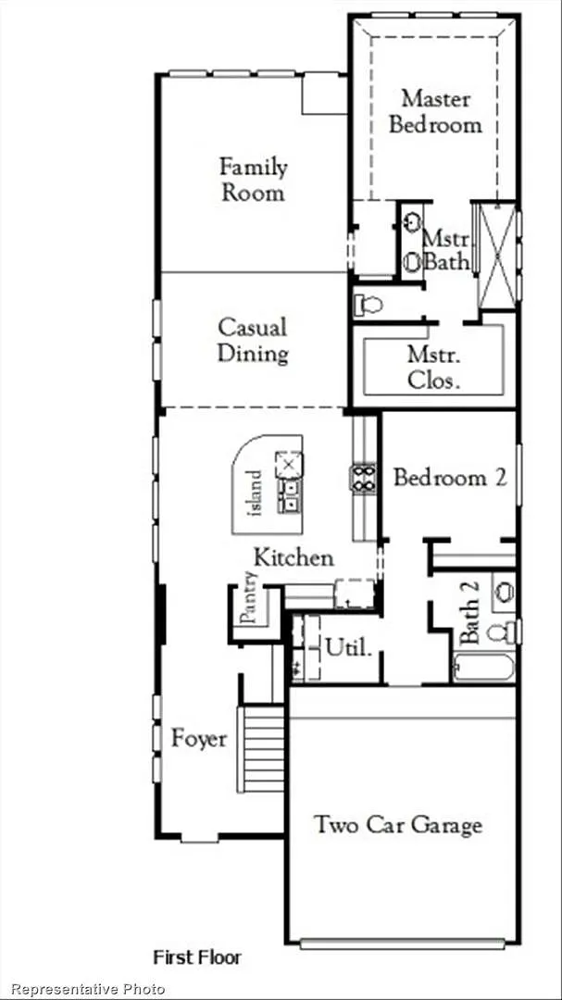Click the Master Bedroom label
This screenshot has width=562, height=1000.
pyautogui.click(x=436, y=112)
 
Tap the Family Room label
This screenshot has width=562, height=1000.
pyautogui.click(x=254, y=180)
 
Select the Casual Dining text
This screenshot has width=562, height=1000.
pyautogui.click(x=253, y=341)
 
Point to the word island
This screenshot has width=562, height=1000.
pyautogui.click(x=254, y=493)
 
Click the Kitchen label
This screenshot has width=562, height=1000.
pyautogui.click(x=293, y=557)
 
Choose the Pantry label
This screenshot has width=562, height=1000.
pyautogui.click(x=249, y=597)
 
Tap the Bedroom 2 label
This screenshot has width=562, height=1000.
pyautogui.click(x=450, y=477)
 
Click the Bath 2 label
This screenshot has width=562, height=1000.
pyautogui.click(x=469, y=612)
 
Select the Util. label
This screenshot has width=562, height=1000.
pyautogui.click(x=348, y=648)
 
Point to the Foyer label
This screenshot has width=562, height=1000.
pyautogui.click(x=199, y=740)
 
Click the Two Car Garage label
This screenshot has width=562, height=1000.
pyautogui.click(x=398, y=825)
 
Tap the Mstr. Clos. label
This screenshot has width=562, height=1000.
pyautogui.click(x=434, y=367)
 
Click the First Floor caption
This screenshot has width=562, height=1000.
pyautogui.click(x=197, y=957)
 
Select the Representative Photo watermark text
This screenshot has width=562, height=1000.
pyautogui.click(x=88, y=989)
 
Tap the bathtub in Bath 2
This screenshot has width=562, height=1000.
pyautogui.click(x=483, y=668)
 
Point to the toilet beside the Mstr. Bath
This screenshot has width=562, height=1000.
pyautogui.click(x=368, y=305)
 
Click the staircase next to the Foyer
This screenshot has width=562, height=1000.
pyautogui.click(x=260, y=748)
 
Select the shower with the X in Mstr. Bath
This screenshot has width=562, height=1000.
pyautogui.click(x=497, y=256)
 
